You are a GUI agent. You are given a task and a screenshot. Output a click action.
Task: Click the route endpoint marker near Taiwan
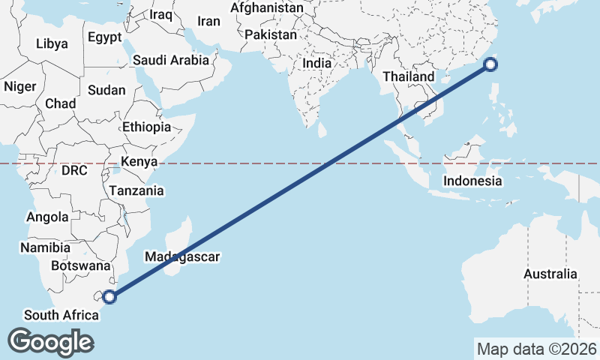pyautogui.click(x=490, y=64)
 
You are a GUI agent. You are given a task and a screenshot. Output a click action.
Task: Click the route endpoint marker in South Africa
pyautogui.click(x=109, y=296)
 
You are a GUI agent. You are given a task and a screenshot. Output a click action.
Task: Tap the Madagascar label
pyautogui.click(x=182, y=256)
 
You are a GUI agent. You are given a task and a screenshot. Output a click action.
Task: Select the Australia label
pyautogui.click(x=550, y=274)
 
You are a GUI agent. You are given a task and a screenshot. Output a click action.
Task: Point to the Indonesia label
pyautogui.click(x=472, y=181)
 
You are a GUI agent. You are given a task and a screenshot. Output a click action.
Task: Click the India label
pyautogui.click(x=316, y=64)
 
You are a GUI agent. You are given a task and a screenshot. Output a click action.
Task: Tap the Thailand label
pyautogui.click(x=408, y=76)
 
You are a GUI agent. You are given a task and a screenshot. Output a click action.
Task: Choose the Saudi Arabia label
pyautogui.click(x=171, y=61)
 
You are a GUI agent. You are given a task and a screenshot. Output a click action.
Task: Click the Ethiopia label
pyautogui.click(x=147, y=127)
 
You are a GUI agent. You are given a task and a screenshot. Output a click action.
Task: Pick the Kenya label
pyautogui.click(x=139, y=161)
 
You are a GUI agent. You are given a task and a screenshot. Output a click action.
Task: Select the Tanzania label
pyautogui.click(x=136, y=190)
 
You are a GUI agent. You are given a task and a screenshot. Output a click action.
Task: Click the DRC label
pyautogui.click(x=75, y=170)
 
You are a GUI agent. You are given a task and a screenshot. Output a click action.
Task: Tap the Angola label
pyautogui.click(x=47, y=217)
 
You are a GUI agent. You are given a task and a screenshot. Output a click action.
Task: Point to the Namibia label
pyautogui.click(x=45, y=247)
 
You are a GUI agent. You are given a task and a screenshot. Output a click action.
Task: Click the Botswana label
pyautogui.click(x=80, y=265)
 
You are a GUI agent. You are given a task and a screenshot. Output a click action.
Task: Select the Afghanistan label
pyautogui.click(x=267, y=8)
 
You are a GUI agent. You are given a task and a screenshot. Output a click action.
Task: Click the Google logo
pyautogui.click(x=50, y=342)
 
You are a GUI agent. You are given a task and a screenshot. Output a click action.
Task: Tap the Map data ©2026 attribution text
pyautogui.click(x=536, y=349)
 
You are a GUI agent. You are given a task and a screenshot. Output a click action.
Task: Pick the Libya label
pyautogui.click(x=52, y=43)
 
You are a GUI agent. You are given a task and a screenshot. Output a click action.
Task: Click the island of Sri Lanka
pyautogui.click(x=322, y=130)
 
